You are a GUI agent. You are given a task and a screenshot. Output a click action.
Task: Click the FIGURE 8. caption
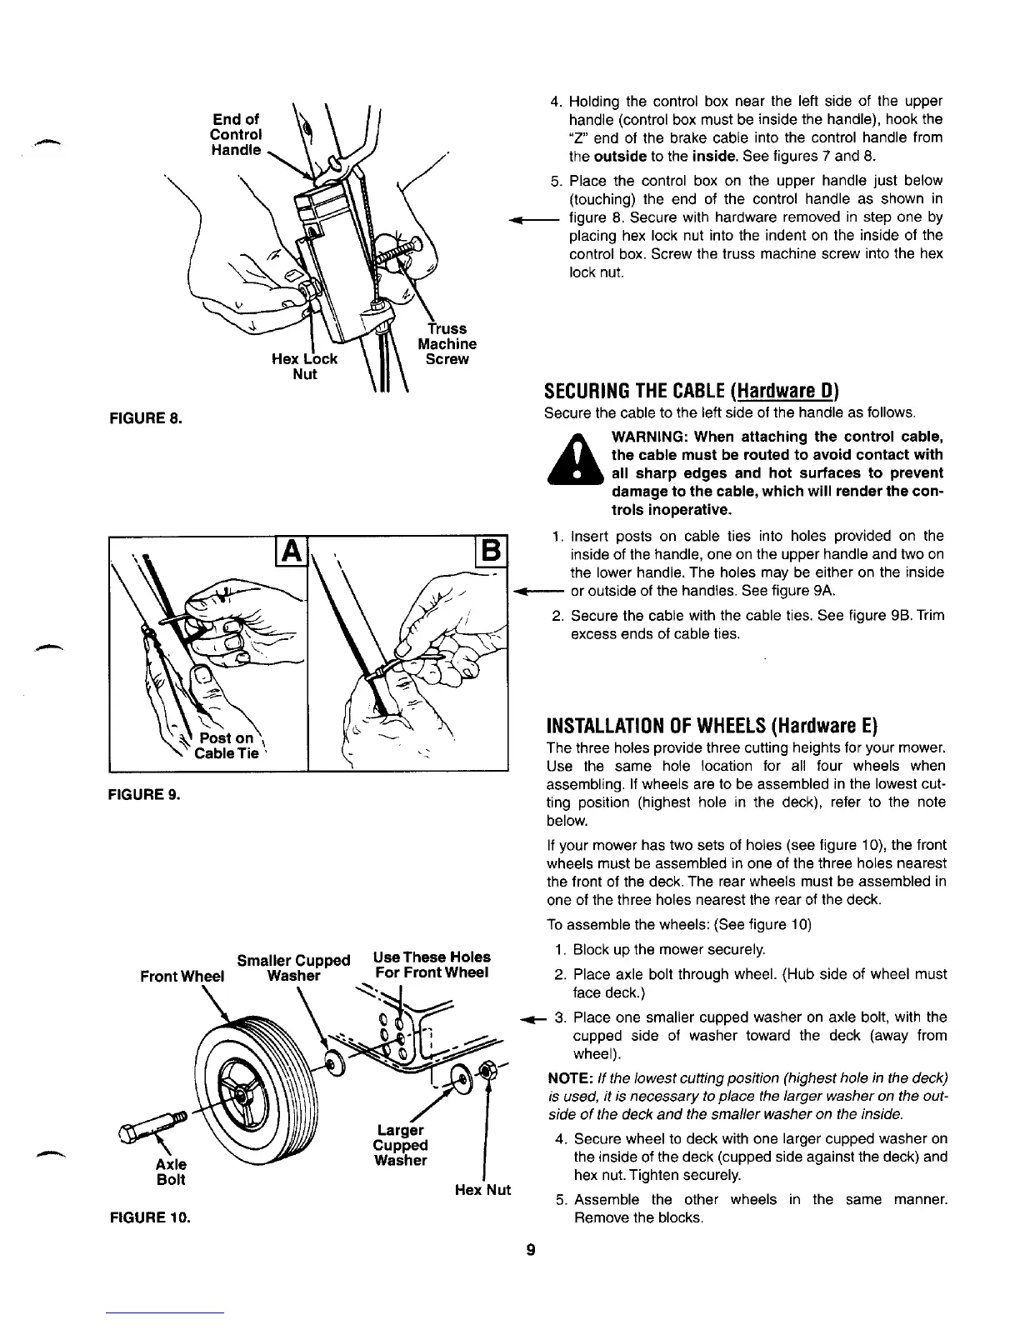click(147, 415)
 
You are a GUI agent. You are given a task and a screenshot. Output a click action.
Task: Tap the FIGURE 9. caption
click(145, 794)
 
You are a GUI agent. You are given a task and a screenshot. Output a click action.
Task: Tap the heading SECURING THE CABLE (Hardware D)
click(691, 392)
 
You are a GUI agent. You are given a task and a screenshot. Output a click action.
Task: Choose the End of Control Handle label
click(235, 135)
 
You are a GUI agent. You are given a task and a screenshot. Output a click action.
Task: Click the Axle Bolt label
click(171, 1172)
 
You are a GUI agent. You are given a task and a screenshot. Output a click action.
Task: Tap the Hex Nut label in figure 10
click(482, 1190)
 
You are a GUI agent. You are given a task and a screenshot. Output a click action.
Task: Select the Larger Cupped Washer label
click(400, 1145)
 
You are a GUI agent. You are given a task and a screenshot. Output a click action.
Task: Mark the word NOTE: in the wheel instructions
click(568, 1078)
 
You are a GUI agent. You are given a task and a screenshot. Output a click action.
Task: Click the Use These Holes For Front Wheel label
click(432, 965)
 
